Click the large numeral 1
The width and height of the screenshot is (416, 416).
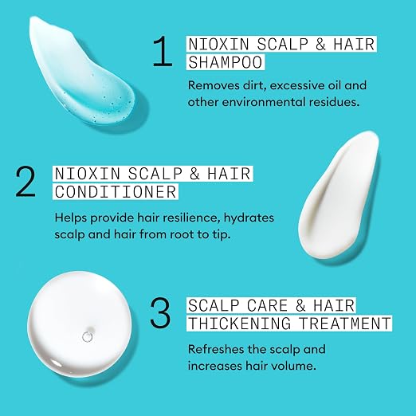pos(163,51)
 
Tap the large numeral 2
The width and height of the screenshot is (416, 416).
pos(26,182)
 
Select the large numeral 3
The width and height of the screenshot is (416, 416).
pos(160,312)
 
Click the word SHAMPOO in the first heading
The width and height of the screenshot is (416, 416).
pos(226,62)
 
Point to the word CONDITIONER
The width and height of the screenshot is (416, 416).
pos(116,192)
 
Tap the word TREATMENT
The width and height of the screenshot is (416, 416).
pos(344,324)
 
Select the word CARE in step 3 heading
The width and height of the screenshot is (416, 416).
pos(267,305)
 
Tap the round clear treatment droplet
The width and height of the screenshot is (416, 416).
pos(80,324)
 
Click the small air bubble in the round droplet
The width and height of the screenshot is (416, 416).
pos(88,337)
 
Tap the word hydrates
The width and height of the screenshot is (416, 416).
pos(249,218)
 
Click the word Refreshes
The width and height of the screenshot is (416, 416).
pos(216,349)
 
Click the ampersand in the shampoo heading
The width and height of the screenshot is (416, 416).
pos(320,44)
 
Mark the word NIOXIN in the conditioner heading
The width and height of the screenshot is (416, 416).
pos(88,174)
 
